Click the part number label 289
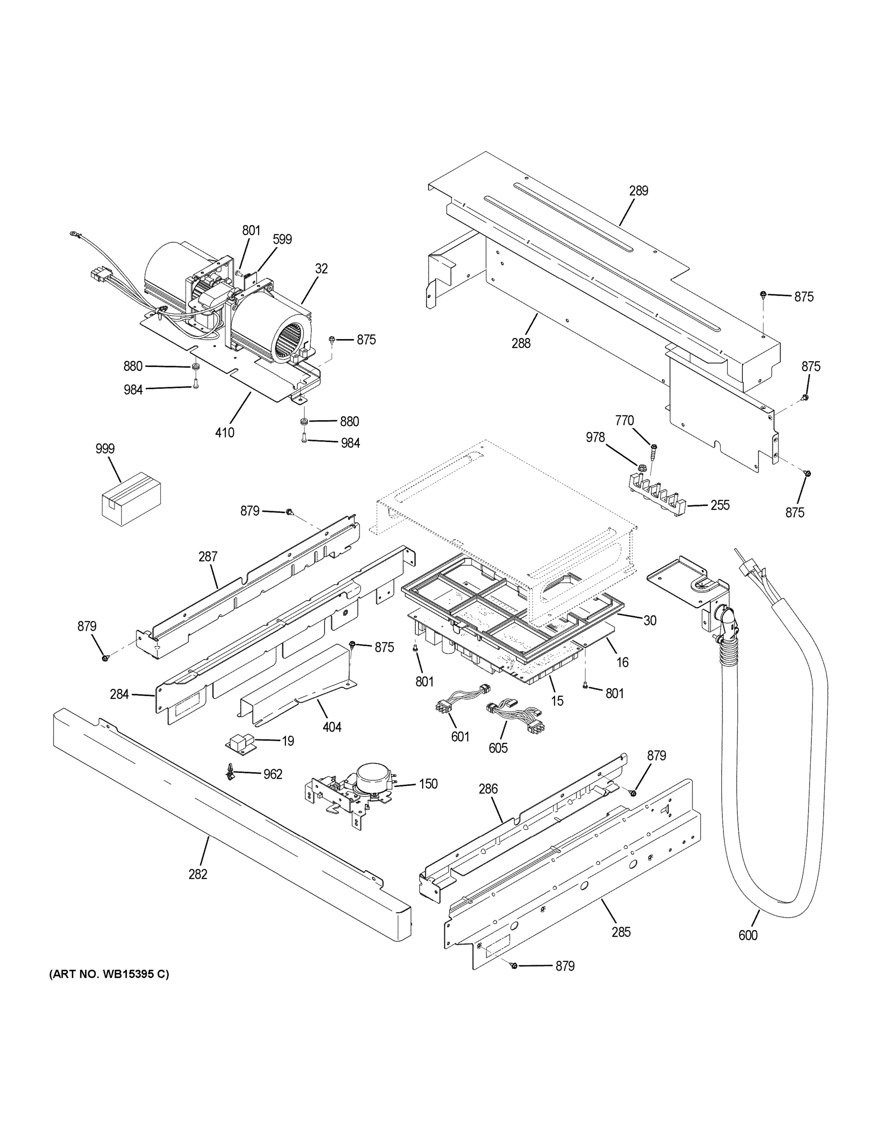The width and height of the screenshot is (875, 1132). click(x=639, y=191)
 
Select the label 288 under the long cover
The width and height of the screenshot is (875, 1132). click(x=521, y=342)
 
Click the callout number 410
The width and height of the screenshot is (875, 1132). click(x=225, y=432)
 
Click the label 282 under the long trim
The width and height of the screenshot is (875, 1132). click(x=198, y=874)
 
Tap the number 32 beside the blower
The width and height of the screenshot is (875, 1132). click(x=321, y=268)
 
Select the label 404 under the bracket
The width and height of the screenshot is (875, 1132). click(x=332, y=727)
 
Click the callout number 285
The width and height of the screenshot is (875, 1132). click(x=620, y=932)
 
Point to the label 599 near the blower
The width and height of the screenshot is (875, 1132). click(x=282, y=239)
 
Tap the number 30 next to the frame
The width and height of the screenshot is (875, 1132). click(x=650, y=620)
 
